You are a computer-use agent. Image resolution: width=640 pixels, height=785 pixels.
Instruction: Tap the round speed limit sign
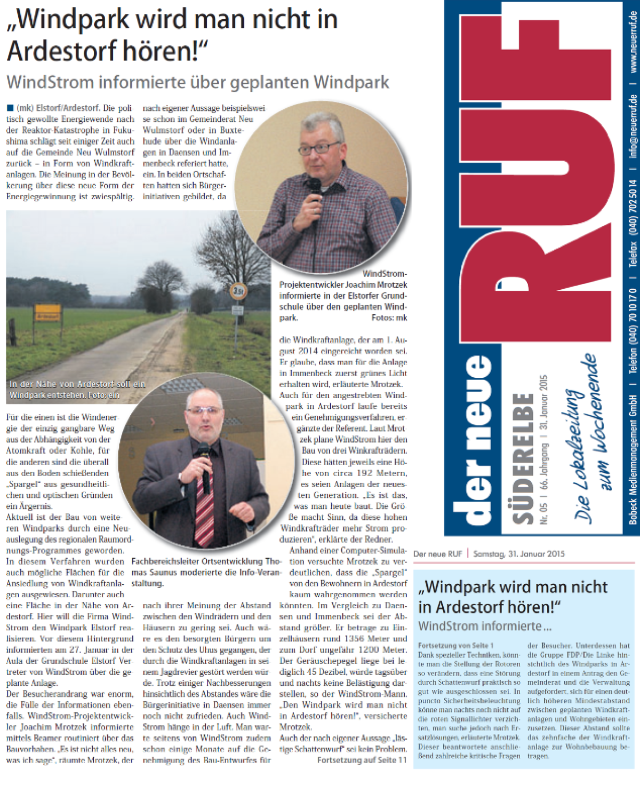coord(238,291)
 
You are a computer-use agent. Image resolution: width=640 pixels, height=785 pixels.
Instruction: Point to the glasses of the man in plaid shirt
coord(319,147)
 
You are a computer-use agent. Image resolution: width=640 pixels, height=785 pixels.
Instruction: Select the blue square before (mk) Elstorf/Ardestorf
coord(10,108)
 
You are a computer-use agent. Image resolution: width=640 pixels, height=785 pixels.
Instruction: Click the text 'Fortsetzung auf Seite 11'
coord(362,759)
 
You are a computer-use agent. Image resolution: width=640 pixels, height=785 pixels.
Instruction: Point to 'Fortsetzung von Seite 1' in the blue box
coord(455,645)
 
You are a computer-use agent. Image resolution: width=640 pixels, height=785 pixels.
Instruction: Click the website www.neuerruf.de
coord(633,41)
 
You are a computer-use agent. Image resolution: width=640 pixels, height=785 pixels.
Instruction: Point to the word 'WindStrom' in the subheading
coord(49,83)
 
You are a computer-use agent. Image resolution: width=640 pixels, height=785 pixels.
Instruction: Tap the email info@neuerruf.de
coord(633,125)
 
